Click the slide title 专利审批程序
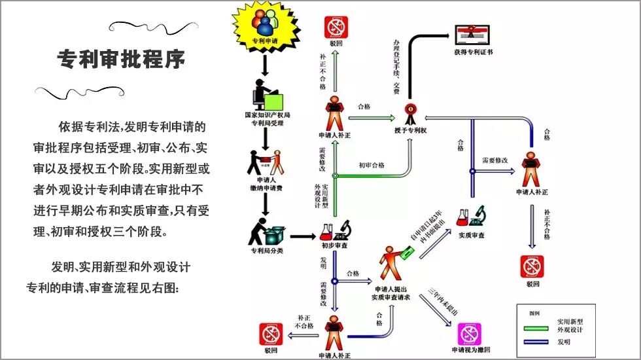[x=122, y=60]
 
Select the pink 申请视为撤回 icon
[x=468, y=334]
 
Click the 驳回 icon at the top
[x=336, y=27]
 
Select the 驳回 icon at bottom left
[x=270, y=334]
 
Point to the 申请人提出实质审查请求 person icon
[x=391, y=264]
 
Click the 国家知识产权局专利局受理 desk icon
[x=268, y=95]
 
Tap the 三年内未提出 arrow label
[x=442, y=301]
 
